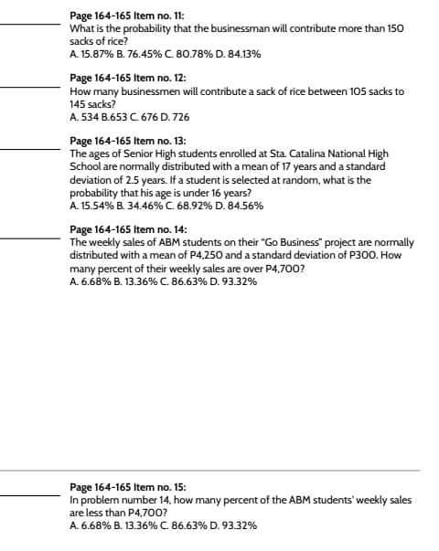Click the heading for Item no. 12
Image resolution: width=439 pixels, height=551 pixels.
click(124, 79)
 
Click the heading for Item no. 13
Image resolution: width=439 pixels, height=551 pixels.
click(124, 142)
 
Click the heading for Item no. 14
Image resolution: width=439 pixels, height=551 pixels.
click(124, 229)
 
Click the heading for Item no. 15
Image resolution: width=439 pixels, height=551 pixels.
click(124, 487)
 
